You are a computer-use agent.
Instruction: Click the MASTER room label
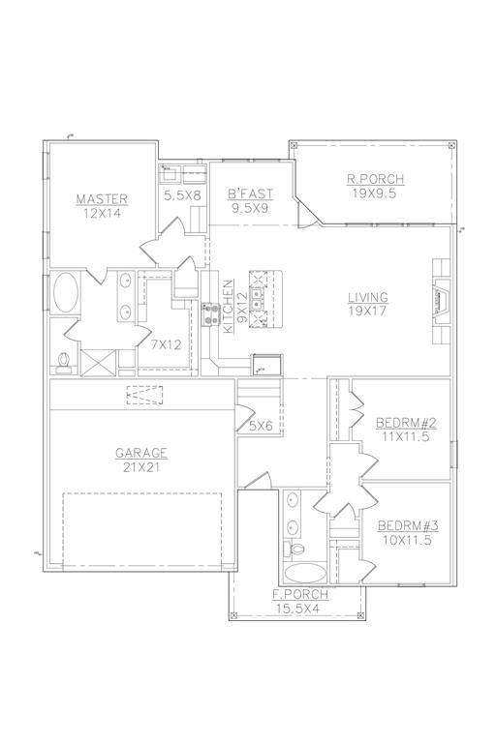click(102, 199)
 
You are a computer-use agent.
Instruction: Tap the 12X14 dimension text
click(102, 213)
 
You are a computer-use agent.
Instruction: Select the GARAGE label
click(141, 454)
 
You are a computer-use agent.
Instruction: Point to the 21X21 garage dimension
click(141, 467)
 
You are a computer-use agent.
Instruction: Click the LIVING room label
click(368, 298)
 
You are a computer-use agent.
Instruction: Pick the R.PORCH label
click(375, 180)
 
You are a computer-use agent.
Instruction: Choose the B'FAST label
click(250, 193)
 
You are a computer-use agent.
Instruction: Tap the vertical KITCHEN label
click(229, 306)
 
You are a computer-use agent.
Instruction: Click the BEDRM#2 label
click(406, 423)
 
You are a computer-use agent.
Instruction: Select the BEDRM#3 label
click(408, 526)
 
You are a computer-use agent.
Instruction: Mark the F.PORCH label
click(301, 595)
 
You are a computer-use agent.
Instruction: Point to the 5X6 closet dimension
click(261, 426)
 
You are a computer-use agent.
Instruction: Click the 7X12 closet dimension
click(166, 345)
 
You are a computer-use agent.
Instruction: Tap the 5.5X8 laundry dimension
click(182, 195)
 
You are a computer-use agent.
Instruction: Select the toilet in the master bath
click(64, 362)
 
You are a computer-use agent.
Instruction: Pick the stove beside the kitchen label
click(210, 314)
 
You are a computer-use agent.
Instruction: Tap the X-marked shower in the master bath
click(98, 363)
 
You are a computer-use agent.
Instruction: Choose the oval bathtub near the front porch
click(306, 573)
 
